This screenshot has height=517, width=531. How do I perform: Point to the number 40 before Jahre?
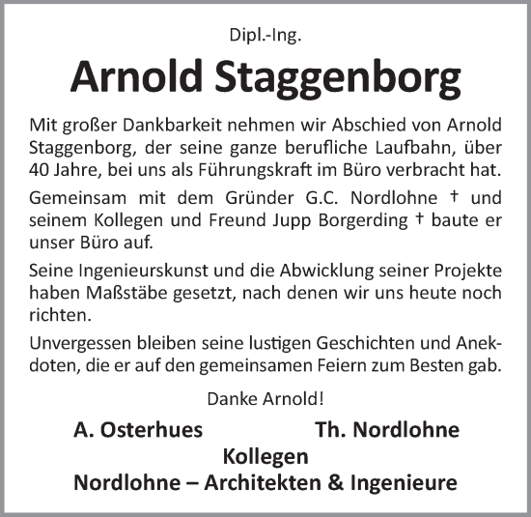pyautogui.click(x=42, y=172)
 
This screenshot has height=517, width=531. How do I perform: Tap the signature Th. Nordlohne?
pyautogui.click(x=387, y=430)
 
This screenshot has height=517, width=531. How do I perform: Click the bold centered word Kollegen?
pyautogui.click(x=265, y=456)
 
